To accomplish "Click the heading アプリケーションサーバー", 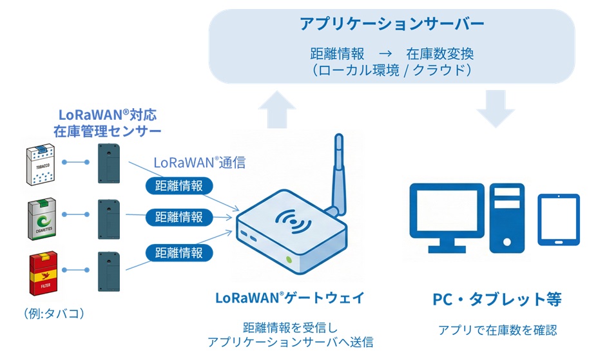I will coord(392,24).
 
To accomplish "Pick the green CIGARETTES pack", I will coord(40,219).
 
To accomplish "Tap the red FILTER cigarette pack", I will coord(40,274).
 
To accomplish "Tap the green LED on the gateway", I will coord(289,260).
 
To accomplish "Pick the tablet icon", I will coord(559,219).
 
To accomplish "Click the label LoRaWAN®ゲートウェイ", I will coord(291,298).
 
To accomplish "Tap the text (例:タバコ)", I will coord(54,314).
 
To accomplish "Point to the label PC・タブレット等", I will coord(497,299).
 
